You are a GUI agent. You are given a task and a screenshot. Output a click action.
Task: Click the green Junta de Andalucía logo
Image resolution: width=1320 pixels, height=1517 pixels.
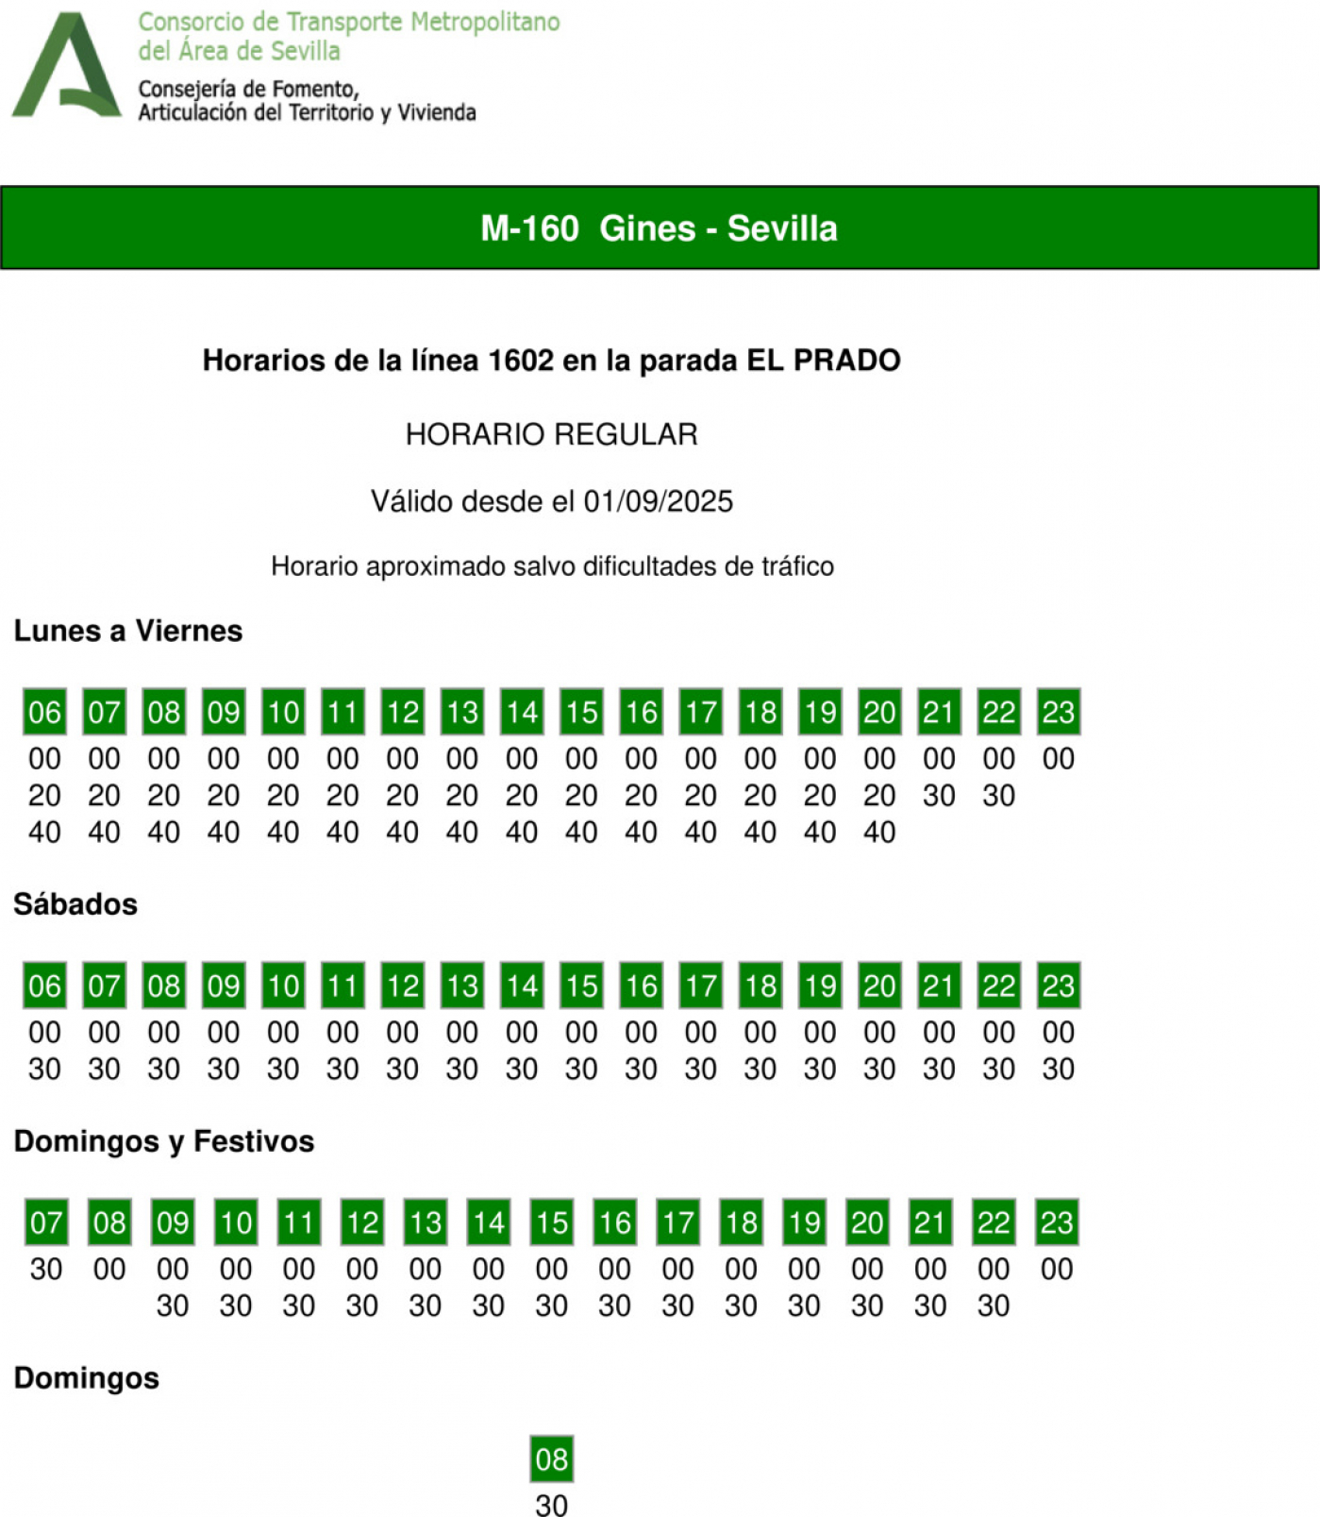click(66, 66)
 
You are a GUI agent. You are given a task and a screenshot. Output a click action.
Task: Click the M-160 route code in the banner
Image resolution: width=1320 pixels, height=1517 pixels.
click(529, 228)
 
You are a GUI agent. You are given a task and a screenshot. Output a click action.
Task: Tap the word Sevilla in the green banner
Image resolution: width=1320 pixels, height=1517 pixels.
click(782, 228)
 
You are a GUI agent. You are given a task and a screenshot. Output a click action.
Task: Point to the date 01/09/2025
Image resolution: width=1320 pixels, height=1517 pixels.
click(658, 501)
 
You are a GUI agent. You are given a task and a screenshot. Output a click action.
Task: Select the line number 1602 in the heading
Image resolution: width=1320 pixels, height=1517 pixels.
click(521, 361)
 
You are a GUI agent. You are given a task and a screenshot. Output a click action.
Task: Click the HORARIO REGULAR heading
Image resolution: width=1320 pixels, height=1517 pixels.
click(552, 434)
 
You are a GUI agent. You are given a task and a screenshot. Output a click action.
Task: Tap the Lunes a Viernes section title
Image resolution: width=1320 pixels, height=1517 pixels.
click(128, 631)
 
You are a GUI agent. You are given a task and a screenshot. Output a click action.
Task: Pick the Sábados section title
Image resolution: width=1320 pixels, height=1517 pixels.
click(75, 904)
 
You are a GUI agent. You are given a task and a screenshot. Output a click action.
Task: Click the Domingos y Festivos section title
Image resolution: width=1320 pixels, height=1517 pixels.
click(164, 1141)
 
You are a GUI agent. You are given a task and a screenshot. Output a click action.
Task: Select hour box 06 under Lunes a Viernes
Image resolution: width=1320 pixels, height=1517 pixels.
click(44, 712)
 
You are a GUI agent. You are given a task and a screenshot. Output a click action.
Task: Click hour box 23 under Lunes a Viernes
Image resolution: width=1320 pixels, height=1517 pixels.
click(1058, 712)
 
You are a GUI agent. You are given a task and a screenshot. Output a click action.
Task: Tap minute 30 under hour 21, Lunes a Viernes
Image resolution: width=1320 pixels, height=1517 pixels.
click(939, 796)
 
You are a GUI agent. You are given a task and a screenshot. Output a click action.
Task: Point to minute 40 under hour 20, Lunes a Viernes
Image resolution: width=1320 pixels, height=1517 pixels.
click(879, 833)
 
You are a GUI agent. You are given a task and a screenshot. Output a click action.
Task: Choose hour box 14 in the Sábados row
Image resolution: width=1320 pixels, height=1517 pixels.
click(522, 986)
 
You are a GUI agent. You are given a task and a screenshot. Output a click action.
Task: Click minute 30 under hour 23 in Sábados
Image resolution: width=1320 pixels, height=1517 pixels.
click(1058, 1070)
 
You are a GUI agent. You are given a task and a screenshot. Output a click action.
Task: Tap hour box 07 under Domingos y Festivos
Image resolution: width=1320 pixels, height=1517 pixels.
click(46, 1222)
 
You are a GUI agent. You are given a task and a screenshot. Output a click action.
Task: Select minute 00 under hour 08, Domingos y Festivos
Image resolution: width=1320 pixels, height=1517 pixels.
click(109, 1270)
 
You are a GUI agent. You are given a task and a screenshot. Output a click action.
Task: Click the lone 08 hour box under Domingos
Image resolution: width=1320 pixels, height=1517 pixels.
click(552, 1458)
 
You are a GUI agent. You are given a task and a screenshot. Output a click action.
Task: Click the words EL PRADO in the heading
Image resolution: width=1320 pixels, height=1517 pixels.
click(824, 361)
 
